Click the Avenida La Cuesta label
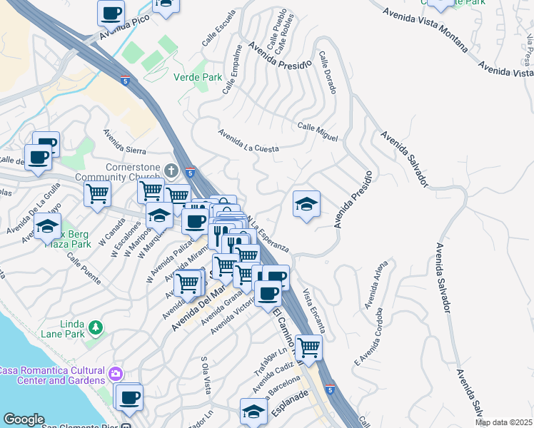click(248, 141)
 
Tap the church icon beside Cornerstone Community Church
click(170, 170)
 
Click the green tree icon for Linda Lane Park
click(95, 328)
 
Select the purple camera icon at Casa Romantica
click(116, 373)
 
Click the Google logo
click(24, 419)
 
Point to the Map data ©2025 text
click(503, 422)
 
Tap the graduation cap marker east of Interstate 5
click(306, 204)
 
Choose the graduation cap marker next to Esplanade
click(253, 411)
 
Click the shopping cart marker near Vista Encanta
click(308, 347)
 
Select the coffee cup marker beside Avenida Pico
click(111, 12)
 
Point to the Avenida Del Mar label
click(199, 312)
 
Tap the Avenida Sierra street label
click(124, 141)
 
